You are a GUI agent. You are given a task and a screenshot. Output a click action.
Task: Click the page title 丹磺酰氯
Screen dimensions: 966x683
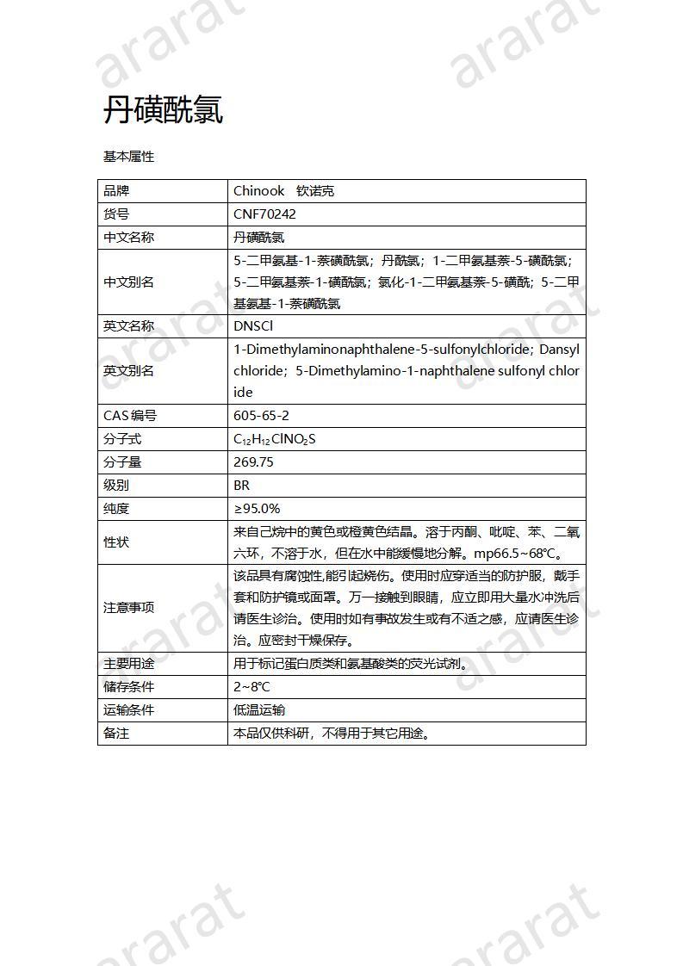point(163,110)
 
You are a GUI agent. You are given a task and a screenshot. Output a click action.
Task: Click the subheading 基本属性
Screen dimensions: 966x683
point(128,157)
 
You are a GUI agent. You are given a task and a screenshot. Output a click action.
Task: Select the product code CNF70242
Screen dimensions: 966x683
point(264,214)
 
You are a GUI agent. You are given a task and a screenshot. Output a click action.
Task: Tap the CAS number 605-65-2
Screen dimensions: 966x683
point(261,416)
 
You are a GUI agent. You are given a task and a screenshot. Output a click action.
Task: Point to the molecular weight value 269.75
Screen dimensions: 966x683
point(253,462)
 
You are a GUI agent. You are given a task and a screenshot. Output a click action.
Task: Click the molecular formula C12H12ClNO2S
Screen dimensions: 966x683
point(275,439)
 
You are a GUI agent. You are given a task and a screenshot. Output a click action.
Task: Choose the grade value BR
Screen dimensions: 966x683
point(241,486)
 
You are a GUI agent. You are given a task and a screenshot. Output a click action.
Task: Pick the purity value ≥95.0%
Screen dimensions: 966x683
point(257,509)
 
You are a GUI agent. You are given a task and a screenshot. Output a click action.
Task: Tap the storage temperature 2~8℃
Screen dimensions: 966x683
point(251,687)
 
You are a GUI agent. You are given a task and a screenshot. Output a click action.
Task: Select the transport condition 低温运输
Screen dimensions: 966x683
point(259,710)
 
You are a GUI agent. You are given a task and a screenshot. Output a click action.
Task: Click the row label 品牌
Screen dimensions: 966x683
point(116,191)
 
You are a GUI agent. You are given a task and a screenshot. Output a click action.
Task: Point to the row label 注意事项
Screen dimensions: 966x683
point(128,607)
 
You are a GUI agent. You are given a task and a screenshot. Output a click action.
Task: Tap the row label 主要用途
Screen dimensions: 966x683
point(128,664)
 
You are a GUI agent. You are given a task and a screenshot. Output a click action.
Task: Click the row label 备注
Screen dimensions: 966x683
point(116,734)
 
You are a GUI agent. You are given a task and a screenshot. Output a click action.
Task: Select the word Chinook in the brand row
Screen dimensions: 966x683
point(258,191)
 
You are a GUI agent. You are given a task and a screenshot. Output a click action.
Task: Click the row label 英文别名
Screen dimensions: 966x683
point(128,371)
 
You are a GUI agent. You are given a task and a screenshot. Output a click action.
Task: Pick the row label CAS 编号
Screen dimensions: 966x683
point(130,416)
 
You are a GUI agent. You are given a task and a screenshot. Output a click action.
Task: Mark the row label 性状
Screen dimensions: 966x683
point(116,542)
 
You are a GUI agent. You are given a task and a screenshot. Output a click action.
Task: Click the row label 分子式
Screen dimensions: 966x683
point(122,439)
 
